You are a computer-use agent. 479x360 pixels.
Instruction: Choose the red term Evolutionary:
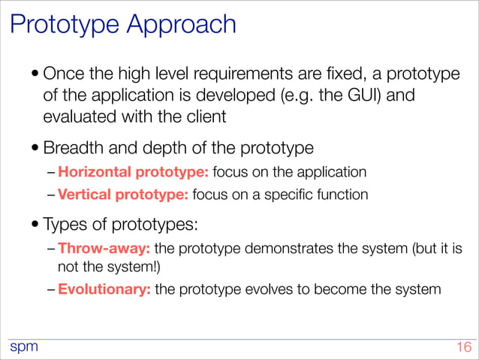click(x=104, y=289)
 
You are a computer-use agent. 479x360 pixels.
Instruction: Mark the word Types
click(x=65, y=223)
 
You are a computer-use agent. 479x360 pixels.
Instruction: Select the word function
click(x=343, y=195)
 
